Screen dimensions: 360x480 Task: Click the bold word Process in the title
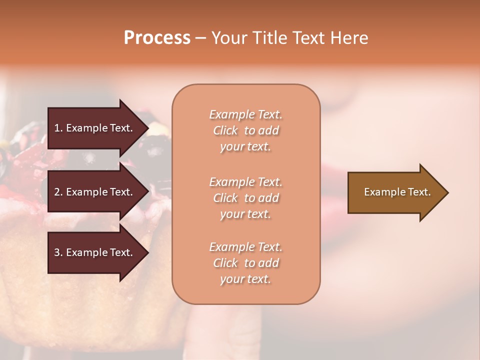[157, 38]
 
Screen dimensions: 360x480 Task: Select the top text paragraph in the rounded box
[245, 130]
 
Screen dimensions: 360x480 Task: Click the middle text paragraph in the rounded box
[245, 198]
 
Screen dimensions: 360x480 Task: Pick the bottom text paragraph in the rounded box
[245, 263]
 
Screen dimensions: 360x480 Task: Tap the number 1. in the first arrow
[58, 128]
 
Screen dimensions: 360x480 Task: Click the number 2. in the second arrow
[58, 192]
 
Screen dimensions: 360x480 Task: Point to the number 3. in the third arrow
[58, 252]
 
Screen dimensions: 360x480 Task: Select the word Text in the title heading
[310, 38]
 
